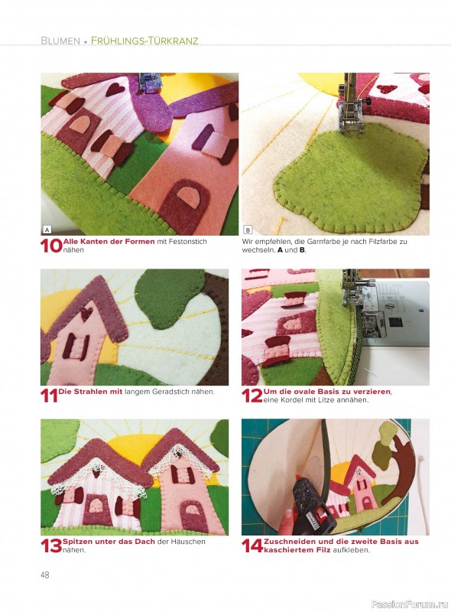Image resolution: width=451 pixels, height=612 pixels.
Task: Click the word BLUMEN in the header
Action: pyautogui.click(x=60, y=41)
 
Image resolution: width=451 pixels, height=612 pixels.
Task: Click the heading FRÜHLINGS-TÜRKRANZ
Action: pyautogui.click(x=144, y=41)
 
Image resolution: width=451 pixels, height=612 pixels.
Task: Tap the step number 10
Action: pyautogui.click(x=51, y=246)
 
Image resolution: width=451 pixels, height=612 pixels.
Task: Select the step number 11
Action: pyautogui.click(x=49, y=396)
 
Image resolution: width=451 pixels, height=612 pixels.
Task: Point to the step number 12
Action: pyautogui.click(x=252, y=396)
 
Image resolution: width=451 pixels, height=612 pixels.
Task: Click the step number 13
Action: pyautogui.click(x=51, y=545)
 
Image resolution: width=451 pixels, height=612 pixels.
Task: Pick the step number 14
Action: pyautogui.click(x=252, y=545)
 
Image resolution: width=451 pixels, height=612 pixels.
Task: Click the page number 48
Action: pyautogui.click(x=45, y=575)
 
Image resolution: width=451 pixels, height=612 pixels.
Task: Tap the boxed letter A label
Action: pyautogui.click(x=47, y=229)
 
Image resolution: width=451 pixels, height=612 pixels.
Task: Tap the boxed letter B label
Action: pyautogui.click(x=248, y=229)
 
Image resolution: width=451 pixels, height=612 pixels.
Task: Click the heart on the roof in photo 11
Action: pyautogui.click(x=86, y=313)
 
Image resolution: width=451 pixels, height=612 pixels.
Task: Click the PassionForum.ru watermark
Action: pyautogui.click(x=410, y=604)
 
